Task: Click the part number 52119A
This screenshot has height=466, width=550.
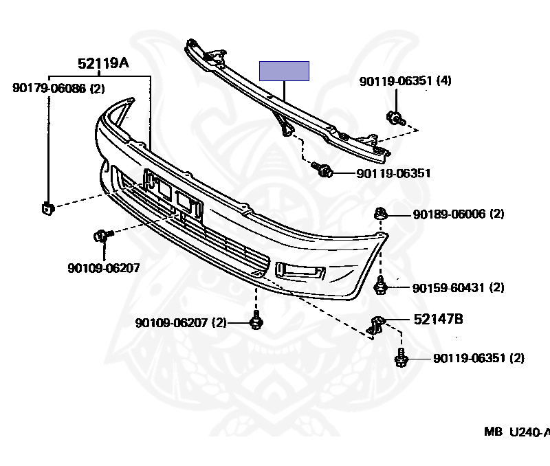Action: (x=102, y=65)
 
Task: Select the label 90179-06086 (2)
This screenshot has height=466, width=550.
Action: (x=58, y=88)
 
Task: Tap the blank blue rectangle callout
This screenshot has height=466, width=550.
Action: (x=283, y=71)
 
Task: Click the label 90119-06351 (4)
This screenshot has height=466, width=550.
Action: (x=405, y=81)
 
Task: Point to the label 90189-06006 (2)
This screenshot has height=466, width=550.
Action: (x=459, y=214)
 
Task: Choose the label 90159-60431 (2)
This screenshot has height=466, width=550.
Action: (x=459, y=287)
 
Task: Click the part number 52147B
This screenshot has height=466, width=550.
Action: (x=438, y=319)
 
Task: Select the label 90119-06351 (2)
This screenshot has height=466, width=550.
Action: (x=478, y=358)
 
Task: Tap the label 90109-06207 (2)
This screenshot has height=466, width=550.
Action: (x=181, y=322)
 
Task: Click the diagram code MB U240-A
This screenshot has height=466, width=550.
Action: (x=516, y=432)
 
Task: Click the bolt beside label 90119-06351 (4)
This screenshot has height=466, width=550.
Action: (x=395, y=118)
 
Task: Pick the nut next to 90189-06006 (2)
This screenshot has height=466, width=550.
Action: (x=380, y=213)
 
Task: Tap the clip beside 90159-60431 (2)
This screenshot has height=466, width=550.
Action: (x=379, y=287)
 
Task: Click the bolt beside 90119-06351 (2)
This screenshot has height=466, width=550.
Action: (x=401, y=358)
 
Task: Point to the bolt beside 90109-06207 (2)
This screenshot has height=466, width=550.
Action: (x=257, y=320)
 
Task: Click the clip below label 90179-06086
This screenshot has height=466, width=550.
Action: (x=47, y=207)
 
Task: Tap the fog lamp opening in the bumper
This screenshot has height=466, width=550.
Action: (x=298, y=271)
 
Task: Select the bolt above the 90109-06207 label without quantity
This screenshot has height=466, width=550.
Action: (x=100, y=236)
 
